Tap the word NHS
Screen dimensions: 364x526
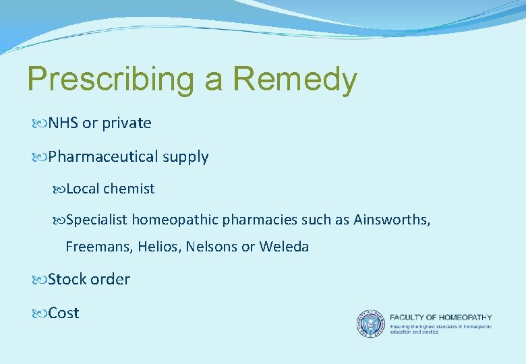point(63,123)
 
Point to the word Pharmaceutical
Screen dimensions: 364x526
point(102,157)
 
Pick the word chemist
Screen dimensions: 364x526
point(129,189)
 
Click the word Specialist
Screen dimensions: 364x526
point(97,220)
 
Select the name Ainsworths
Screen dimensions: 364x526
point(392,220)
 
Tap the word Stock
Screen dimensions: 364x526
point(67,279)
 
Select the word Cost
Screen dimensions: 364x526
point(63,313)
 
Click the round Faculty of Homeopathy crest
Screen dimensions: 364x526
point(371,324)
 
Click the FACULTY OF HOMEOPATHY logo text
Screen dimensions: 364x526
point(441,317)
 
